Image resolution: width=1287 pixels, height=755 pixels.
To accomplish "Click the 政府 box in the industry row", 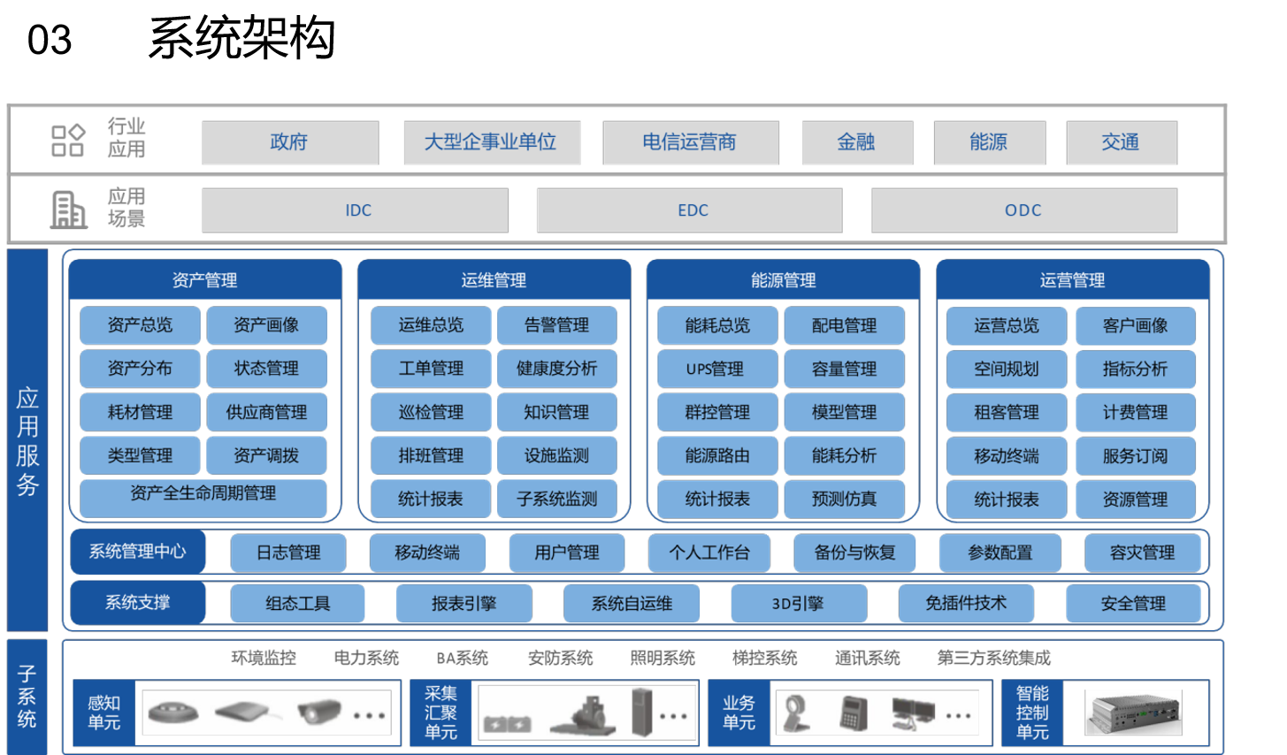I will (290, 142).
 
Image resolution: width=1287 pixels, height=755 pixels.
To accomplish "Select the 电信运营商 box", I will (690, 142).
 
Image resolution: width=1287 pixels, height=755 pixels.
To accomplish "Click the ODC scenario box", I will (1023, 210).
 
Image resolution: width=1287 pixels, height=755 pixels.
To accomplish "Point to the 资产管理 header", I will (205, 280).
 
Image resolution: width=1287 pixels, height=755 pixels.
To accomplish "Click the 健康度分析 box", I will (557, 369).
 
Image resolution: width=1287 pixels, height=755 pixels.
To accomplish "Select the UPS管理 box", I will (716, 369).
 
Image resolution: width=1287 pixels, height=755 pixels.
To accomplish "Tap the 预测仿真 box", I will (844, 500).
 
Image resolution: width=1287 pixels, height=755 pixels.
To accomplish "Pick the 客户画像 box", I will (1135, 325).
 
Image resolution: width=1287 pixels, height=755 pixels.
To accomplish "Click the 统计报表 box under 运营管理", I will (1007, 500).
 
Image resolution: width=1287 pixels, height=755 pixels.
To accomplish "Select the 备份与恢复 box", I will (854, 553).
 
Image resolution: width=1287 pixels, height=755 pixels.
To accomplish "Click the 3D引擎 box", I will (798, 604).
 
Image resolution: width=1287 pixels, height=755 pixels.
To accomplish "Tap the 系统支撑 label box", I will (138, 603).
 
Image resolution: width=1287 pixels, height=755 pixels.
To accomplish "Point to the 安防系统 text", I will (560, 658).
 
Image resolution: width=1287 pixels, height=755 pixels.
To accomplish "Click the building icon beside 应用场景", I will (68, 210).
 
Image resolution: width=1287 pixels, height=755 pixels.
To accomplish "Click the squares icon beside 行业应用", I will (68, 140).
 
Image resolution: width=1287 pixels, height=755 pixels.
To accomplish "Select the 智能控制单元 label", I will (1032, 713).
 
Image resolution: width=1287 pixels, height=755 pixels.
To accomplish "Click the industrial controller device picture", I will (1134, 713).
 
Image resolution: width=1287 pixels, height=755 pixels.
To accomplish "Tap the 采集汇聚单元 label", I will (440, 713).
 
